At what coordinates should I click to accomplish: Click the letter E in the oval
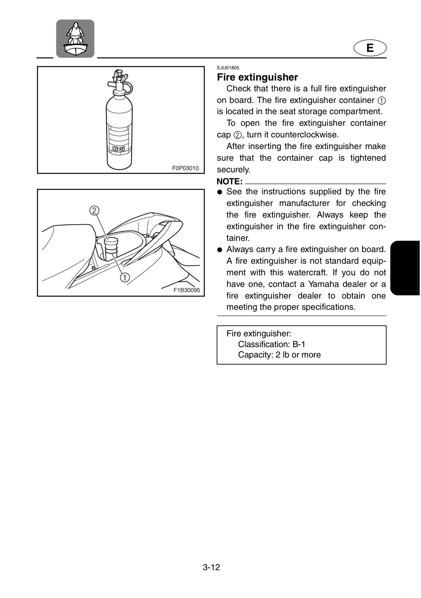click(x=370, y=48)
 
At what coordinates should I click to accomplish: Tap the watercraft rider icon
click(x=75, y=39)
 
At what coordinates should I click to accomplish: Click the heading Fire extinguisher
click(x=257, y=77)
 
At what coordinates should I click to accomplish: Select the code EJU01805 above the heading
click(x=228, y=68)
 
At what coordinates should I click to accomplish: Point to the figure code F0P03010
click(x=186, y=168)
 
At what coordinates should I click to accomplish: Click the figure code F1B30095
click(x=186, y=290)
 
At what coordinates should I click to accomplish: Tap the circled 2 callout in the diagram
click(x=94, y=211)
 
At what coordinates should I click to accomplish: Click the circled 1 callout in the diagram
click(x=125, y=278)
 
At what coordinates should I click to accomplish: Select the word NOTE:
click(x=230, y=181)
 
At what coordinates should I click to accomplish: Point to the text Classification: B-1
click(x=272, y=344)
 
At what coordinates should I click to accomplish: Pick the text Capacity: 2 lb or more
click(x=279, y=355)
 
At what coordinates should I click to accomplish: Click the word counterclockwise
click(x=305, y=135)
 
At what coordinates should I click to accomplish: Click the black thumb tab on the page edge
click(x=405, y=268)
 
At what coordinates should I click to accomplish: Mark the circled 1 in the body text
click(x=382, y=100)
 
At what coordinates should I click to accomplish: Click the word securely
click(x=233, y=169)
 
